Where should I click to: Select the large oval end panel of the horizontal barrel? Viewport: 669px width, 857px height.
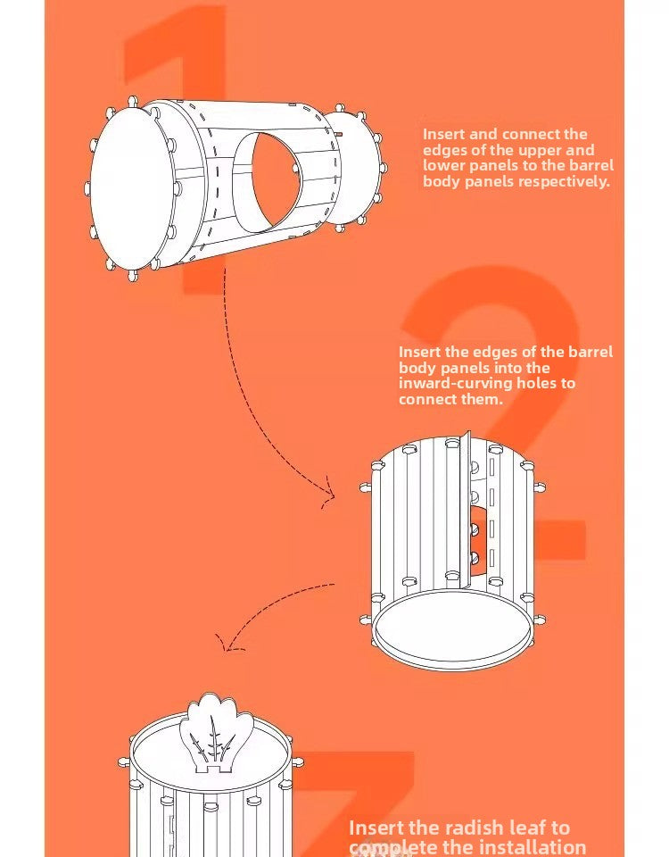point(129,187)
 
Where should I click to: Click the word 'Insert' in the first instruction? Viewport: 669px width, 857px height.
point(442,135)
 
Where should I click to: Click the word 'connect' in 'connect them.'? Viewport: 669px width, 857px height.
point(426,399)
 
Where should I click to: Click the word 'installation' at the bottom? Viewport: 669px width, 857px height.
point(531,848)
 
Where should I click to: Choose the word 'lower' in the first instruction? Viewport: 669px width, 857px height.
point(443,166)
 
